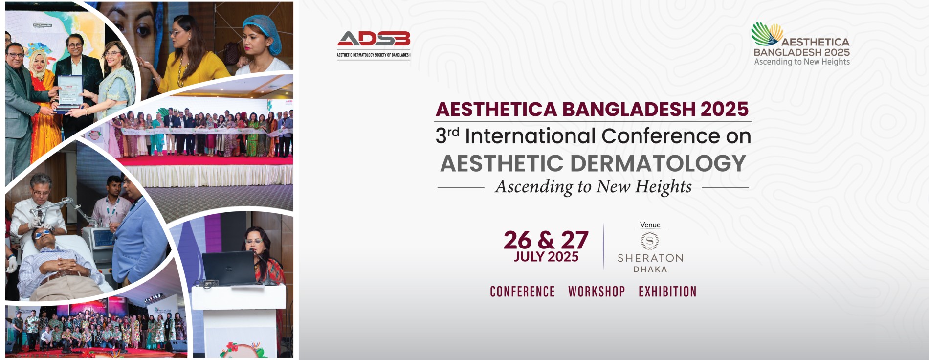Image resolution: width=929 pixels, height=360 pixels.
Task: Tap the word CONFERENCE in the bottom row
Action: click(x=522, y=292)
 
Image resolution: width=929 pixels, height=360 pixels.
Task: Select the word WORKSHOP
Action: click(x=597, y=292)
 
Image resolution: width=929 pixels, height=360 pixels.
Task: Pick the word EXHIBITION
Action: click(x=667, y=292)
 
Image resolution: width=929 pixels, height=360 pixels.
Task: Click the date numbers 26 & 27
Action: click(x=546, y=240)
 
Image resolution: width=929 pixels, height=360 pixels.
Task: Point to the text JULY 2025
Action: click(x=546, y=257)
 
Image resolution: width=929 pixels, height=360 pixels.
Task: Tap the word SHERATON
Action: click(x=650, y=258)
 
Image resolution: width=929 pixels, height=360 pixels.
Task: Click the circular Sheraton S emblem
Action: click(x=650, y=241)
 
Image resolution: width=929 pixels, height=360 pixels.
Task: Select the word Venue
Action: click(x=650, y=225)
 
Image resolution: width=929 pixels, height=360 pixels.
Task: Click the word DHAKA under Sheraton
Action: click(x=650, y=270)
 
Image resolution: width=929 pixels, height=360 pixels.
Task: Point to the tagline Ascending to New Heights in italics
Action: click(x=593, y=187)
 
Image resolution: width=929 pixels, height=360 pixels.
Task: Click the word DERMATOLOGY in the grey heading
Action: click(x=658, y=163)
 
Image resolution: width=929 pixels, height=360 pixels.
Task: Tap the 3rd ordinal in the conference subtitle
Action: click(x=447, y=135)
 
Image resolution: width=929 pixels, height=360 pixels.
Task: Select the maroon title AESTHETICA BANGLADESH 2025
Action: click(x=592, y=109)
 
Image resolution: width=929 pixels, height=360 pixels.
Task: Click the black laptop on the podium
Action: click(x=229, y=269)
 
